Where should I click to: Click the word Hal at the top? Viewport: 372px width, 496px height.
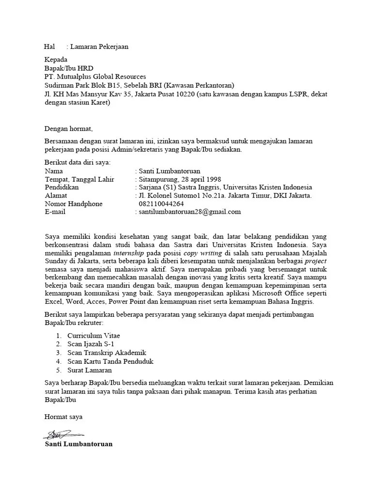(x=49, y=47)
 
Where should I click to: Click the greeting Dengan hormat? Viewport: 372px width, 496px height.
(x=68, y=129)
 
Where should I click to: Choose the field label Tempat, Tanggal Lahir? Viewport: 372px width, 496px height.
(x=79, y=179)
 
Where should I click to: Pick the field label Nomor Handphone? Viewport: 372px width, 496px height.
(x=74, y=204)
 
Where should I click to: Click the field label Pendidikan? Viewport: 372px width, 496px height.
(x=62, y=187)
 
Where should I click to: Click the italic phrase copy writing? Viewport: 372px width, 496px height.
(x=203, y=253)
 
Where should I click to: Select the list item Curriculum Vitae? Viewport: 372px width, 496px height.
(x=93, y=335)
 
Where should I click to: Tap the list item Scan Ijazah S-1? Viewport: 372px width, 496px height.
(x=91, y=344)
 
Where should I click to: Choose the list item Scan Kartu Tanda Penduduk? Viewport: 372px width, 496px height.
(x=110, y=361)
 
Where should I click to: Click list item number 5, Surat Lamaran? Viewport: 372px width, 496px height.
(x=90, y=370)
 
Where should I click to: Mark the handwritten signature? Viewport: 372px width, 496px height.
(x=63, y=434)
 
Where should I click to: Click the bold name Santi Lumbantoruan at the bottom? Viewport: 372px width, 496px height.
(x=78, y=444)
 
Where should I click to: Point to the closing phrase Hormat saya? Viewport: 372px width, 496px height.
(x=63, y=417)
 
